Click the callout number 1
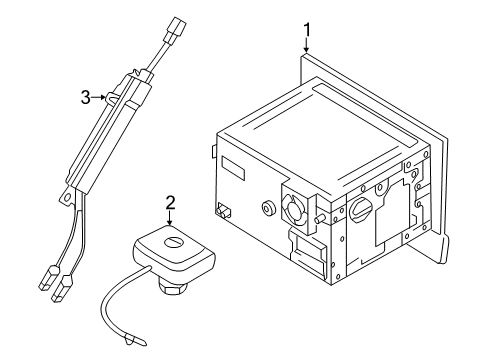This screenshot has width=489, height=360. pyautogui.click(x=307, y=30)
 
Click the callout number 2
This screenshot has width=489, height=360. pyautogui.click(x=170, y=203)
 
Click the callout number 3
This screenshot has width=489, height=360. pyautogui.click(x=86, y=98)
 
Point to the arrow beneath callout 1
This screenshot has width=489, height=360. pyautogui.click(x=307, y=46)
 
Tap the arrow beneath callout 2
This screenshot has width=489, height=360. pyautogui.click(x=170, y=218)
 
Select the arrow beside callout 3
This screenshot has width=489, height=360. pyautogui.click(x=99, y=97)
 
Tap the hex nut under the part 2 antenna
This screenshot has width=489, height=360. pyautogui.click(x=173, y=288)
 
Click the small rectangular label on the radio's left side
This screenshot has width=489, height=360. pyautogui.click(x=233, y=168)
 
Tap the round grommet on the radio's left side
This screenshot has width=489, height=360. pyautogui.click(x=268, y=208)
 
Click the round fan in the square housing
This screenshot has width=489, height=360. pyautogui.click(x=294, y=208)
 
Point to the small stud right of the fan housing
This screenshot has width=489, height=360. pyautogui.click(x=320, y=218)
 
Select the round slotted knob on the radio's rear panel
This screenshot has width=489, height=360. pyautogui.click(x=361, y=210)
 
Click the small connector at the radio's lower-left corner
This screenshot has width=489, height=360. pyautogui.click(x=223, y=210)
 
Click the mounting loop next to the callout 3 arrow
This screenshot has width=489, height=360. pyautogui.click(x=112, y=97)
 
